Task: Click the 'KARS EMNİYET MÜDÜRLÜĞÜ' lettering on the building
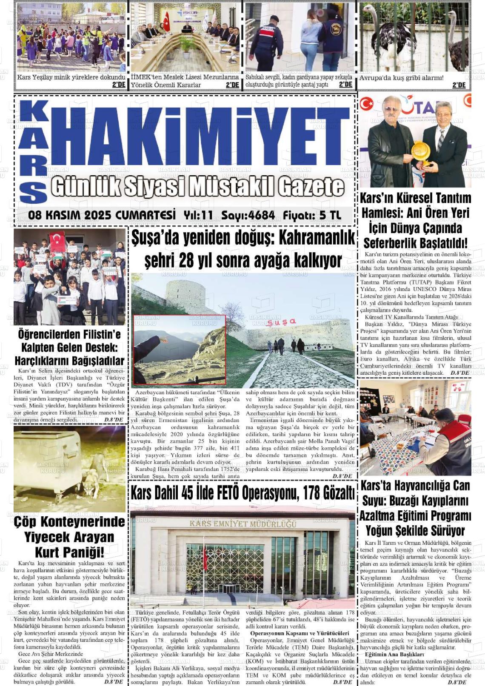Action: pyautogui.click(x=243, y=524)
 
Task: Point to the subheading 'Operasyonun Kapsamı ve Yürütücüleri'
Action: pyautogui.click(x=300, y=633)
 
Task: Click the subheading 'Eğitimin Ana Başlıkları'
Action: pyautogui.click(x=394, y=654)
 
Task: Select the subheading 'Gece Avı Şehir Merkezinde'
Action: pyautogui.click(x=51, y=654)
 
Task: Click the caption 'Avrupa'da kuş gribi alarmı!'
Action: pyautogui.click(x=401, y=78)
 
